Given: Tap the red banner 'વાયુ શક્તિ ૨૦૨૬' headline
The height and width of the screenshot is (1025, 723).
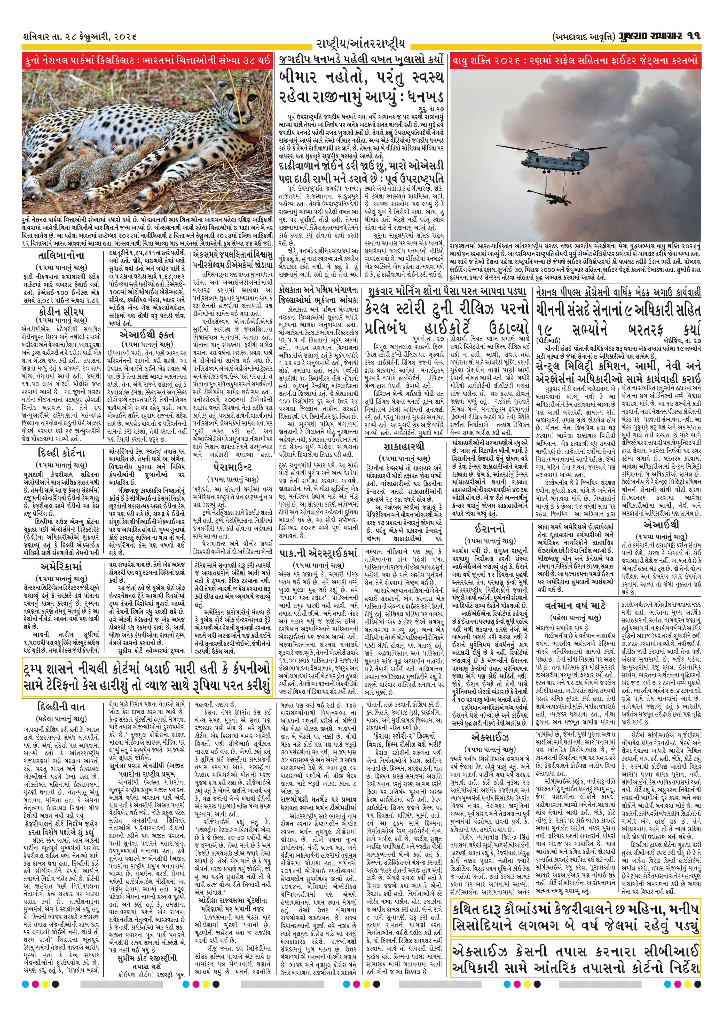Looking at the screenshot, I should (x=576, y=60).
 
